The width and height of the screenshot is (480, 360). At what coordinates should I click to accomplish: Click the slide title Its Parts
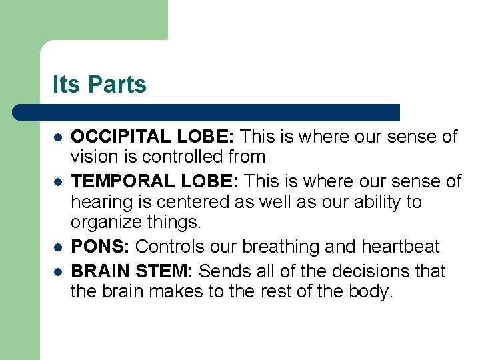(x=99, y=85)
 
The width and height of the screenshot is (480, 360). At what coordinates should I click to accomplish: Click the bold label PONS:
(x=101, y=247)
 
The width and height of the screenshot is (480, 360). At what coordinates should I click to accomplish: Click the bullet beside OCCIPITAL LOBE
(x=58, y=137)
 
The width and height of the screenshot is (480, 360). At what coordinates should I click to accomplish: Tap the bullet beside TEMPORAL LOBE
(x=58, y=182)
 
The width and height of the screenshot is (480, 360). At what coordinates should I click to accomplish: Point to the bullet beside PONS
(x=58, y=247)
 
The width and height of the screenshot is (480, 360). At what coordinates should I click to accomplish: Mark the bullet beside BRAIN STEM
(x=58, y=272)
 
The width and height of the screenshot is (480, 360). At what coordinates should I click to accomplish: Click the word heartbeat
(x=400, y=247)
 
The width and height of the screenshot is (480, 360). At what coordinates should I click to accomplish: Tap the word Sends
(x=223, y=271)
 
